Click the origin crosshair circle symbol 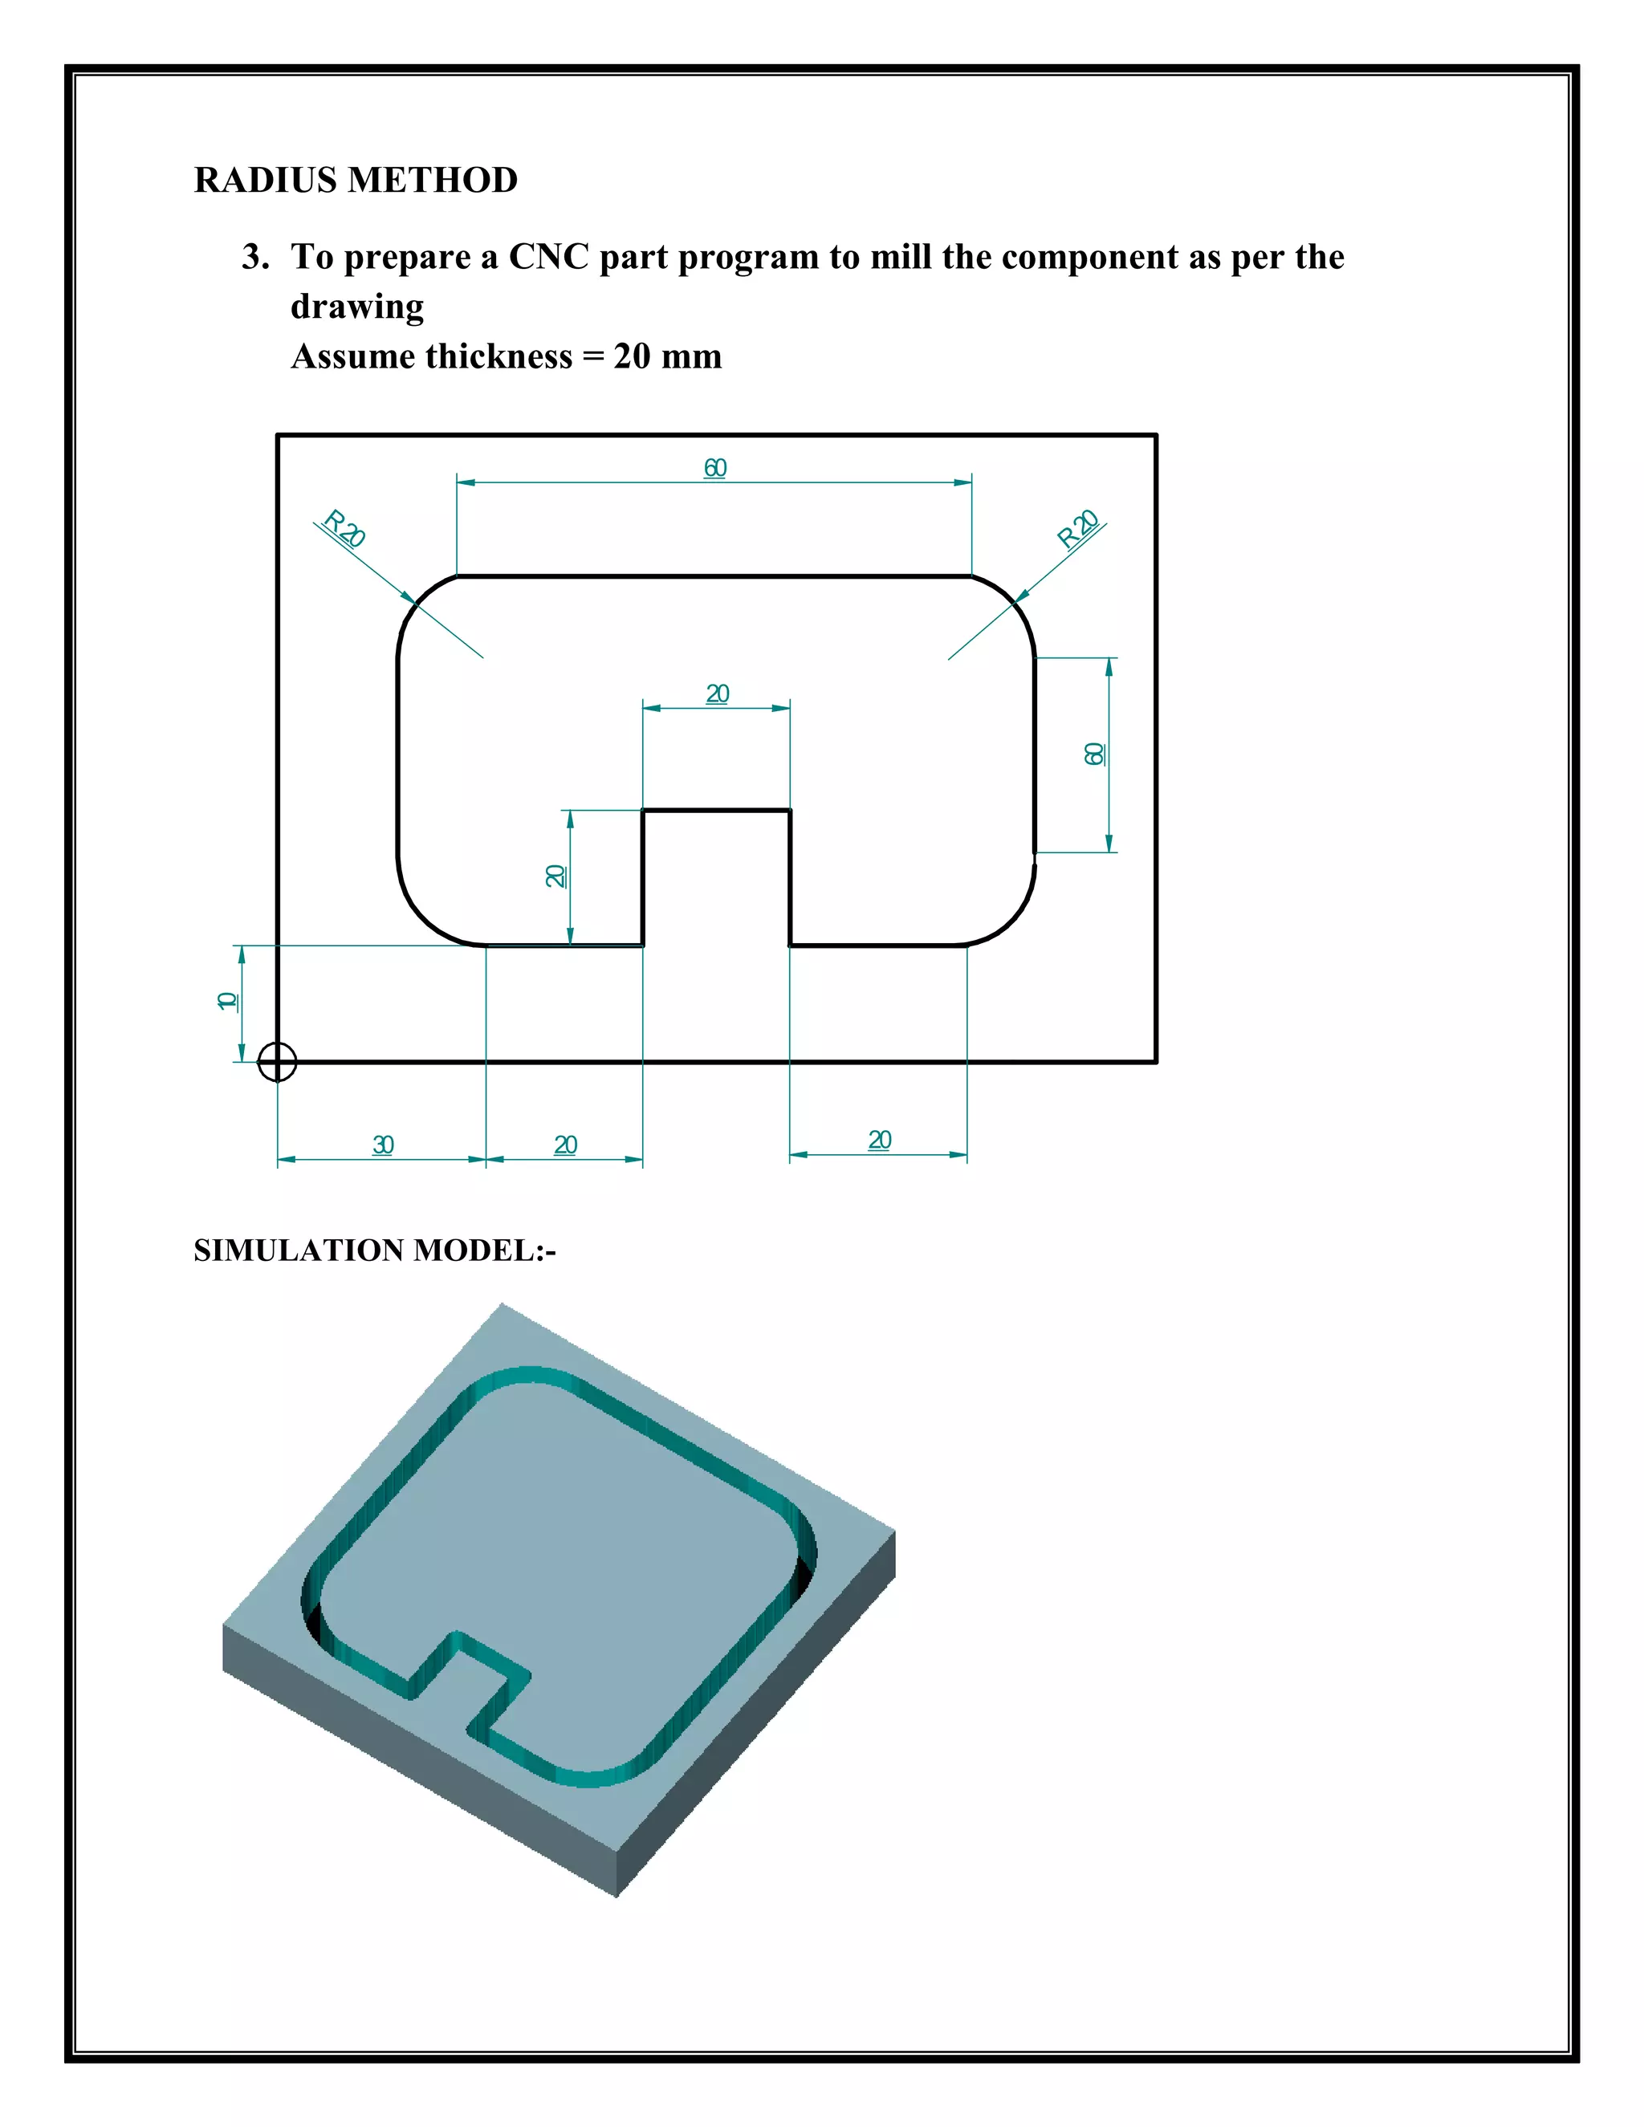click(x=277, y=1062)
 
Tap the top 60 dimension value click(x=715, y=469)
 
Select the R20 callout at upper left click(x=344, y=529)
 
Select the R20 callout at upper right click(x=1078, y=529)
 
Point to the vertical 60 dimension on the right click(x=1095, y=754)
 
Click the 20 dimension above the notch click(x=717, y=694)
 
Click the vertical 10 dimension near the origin click(x=227, y=1001)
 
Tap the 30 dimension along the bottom click(x=383, y=1145)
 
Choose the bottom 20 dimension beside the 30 click(x=565, y=1145)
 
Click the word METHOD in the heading click(x=433, y=180)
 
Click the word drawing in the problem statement click(x=356, y=307)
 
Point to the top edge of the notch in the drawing click(x=716, y=809)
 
